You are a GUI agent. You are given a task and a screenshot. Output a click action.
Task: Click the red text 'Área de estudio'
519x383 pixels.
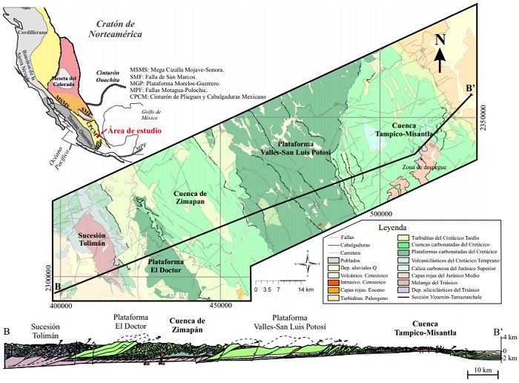point(134,131)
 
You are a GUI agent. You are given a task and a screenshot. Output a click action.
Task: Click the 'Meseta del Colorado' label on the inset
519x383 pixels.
point(61,82)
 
